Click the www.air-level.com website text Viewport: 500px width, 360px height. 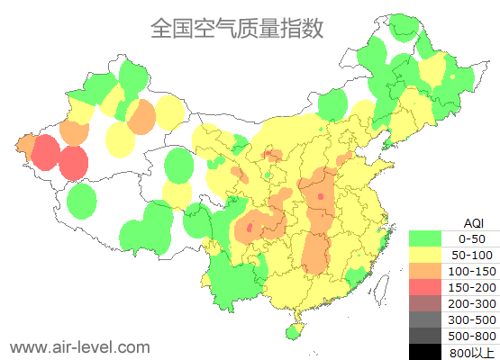coord(80,346)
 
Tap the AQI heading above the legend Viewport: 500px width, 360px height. coord(473,222)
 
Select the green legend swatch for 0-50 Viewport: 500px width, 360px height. coord(425,238)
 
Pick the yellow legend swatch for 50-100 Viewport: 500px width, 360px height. coord(425,255)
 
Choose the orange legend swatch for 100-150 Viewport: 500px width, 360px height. coord(425,271)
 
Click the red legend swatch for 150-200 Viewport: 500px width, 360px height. coord(425,287)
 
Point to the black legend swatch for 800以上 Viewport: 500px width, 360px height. coord(425,352)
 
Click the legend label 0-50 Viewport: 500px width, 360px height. coord(472,238)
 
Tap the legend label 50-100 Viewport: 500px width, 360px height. coord(472,255)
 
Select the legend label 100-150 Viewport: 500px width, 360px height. coord(472,271)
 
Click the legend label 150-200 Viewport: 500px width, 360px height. coord(472,287)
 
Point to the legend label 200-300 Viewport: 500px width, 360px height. coord(472,303)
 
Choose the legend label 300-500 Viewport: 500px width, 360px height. coord(472,319)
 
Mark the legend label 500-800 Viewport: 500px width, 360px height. coord(472,336)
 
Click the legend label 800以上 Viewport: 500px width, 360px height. coord(472,352)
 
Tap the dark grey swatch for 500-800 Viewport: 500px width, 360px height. coord(425,336)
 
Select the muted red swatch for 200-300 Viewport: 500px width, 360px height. coord(425,303)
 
